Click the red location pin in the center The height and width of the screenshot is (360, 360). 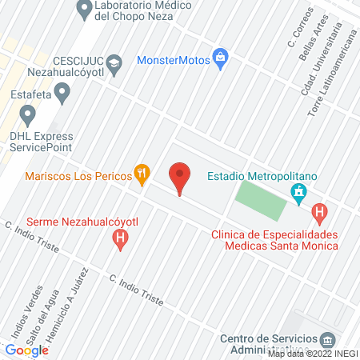(180, 178)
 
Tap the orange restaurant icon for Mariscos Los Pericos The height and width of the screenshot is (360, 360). (142, 173)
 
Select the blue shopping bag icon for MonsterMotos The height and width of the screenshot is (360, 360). (221, 58)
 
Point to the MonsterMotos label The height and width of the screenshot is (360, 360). (172, 59)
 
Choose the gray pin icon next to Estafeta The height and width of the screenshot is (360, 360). (63, 94)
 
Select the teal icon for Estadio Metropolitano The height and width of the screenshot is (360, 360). (299, 192)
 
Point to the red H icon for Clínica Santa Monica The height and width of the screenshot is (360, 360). (320, 214)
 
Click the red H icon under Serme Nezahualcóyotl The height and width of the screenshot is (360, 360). (120, 237)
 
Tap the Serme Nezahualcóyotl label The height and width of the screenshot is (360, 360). (71, 221)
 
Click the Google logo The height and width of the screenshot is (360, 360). (26, 349)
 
